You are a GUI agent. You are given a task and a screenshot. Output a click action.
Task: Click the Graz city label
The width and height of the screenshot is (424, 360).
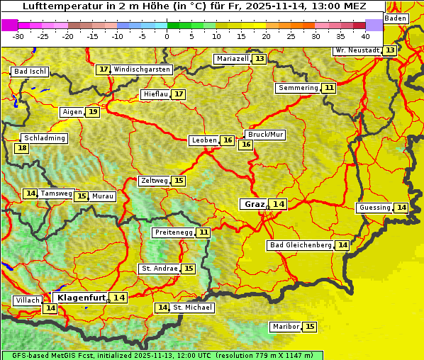254,204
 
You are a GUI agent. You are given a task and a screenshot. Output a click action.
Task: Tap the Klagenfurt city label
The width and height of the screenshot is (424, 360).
82,298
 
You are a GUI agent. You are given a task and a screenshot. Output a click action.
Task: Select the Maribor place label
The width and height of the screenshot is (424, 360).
285,327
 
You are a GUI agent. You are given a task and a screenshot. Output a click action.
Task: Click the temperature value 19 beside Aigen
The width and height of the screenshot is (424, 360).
93,112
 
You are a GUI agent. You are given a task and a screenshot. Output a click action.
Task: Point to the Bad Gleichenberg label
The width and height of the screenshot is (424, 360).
301,245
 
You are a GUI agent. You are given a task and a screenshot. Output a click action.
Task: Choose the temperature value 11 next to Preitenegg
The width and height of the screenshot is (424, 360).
204,232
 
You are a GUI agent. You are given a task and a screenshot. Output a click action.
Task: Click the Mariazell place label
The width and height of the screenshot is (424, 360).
233,59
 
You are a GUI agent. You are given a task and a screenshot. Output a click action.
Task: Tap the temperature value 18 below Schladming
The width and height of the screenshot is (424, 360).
22,148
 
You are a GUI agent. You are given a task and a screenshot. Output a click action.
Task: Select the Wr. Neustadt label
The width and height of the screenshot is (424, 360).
357,50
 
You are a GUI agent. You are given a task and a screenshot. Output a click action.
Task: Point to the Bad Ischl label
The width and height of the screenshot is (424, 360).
30,72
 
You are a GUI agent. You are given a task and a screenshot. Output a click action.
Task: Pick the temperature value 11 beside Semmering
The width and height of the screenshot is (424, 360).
328,88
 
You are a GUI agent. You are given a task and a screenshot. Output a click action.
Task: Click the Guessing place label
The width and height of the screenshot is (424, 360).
374,208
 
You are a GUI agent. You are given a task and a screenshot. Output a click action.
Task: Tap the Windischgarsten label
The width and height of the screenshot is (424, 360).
142,69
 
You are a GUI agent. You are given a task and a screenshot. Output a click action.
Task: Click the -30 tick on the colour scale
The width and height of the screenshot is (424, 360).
18,36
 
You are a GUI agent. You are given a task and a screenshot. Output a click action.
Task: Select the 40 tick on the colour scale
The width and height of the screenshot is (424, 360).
365,36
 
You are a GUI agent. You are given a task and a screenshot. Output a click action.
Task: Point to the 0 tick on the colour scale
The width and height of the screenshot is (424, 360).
167,36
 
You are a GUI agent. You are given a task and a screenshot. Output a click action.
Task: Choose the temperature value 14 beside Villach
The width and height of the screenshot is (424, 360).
50,308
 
